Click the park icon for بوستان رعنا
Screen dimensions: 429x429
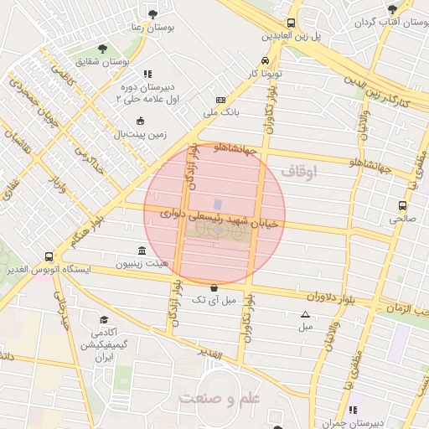coord(152,14)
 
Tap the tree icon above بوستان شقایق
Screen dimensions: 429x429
coord(102,49)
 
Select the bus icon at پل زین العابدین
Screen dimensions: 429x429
coord(291,23)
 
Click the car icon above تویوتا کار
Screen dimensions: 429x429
coord(265,61)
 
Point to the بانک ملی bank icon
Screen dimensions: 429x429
coord(220,99)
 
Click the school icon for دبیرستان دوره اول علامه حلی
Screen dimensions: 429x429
coord(148,74)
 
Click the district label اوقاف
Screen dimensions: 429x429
coord(300,171)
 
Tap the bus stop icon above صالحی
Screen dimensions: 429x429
coord(402,204)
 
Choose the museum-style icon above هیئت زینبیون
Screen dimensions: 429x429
coord(141,251)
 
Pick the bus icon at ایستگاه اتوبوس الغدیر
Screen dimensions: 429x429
coord(49,257)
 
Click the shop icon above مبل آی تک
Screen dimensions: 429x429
coord(214,287)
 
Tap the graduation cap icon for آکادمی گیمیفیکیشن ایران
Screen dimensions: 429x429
coord(104,320)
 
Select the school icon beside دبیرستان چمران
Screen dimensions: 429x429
coord(353,410)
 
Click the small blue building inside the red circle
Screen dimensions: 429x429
coord(218,204)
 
